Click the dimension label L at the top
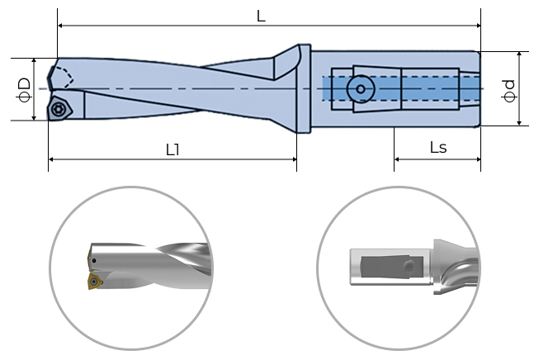[261, 16]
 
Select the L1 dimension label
[172, 149]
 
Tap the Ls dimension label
[438, 147]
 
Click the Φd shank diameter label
[510, 89]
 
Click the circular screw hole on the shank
[360, 88]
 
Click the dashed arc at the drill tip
[66, 78]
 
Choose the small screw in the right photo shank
[408, 266]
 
